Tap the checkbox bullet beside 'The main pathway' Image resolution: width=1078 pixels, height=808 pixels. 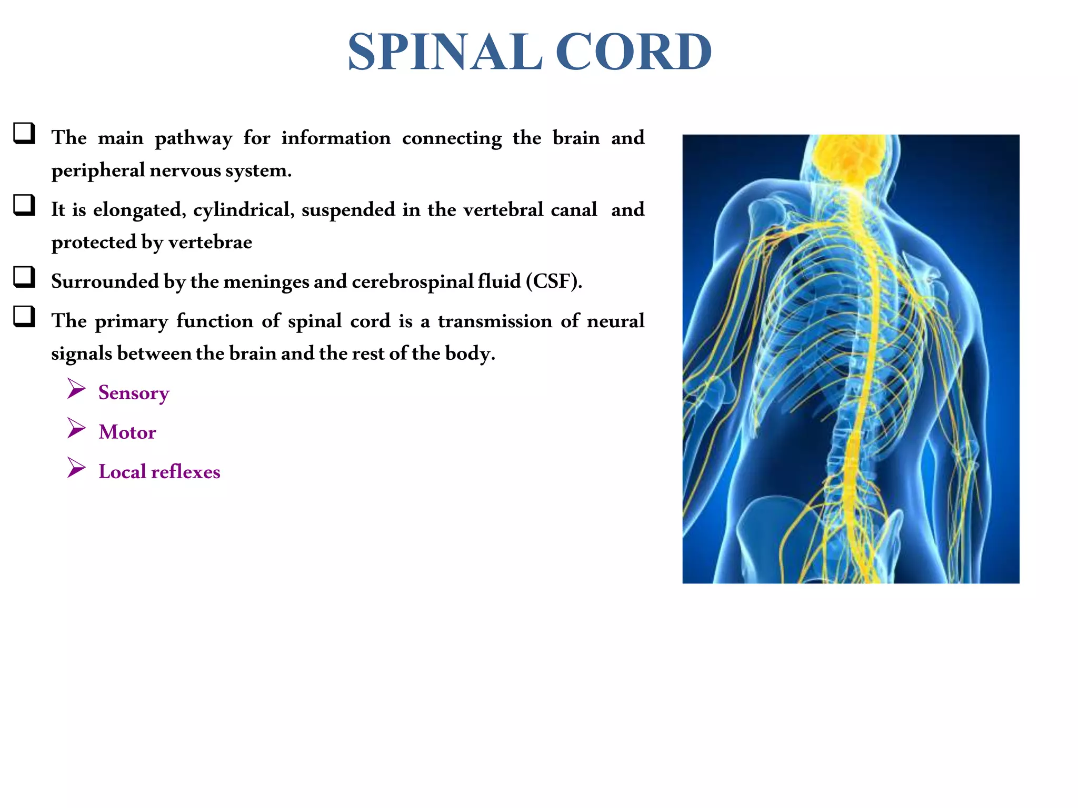(x=24, y=133)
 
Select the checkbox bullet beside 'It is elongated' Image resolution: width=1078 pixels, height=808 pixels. (x=24, y=205)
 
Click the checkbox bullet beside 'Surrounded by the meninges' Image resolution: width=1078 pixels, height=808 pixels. (x=24, y=277)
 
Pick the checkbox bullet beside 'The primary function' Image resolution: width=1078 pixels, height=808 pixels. (x=24, y=317)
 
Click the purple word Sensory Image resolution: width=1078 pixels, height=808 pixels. (x=134, y=393)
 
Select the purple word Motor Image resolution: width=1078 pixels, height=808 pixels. (x=127, y=432)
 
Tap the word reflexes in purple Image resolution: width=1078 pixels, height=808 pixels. (x=185, y=472)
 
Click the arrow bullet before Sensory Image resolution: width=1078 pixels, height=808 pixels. (x=76, y=389)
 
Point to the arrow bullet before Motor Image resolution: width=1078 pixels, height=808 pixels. (x=76, y=428)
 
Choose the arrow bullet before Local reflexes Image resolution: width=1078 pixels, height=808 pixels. (x=76, y=468)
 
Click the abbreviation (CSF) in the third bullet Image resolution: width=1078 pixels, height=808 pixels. (x=554, y=281)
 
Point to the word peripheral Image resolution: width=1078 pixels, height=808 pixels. (x=98, y=170)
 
